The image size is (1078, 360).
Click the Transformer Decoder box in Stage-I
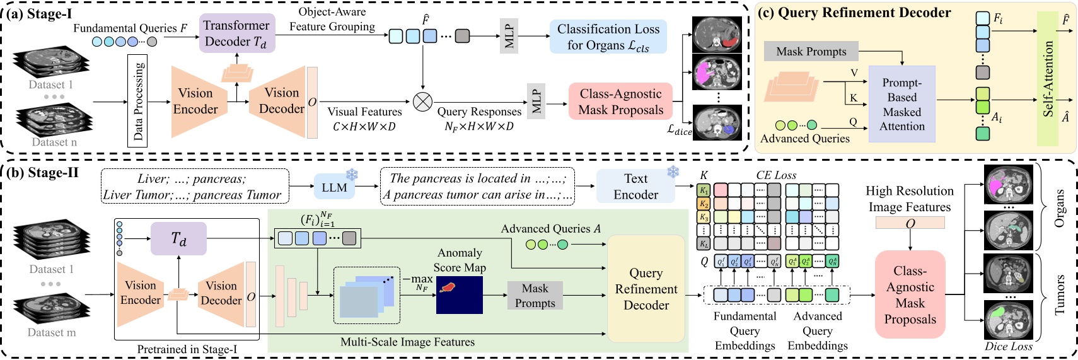[x=236, y=33]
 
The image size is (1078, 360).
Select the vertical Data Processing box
[x=137, y=101]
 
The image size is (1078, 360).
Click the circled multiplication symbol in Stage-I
[x=422, y=101]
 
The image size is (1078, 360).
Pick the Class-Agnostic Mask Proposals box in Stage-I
[x=620, y=102]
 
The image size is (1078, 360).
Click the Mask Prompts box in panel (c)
[x=811, y=52]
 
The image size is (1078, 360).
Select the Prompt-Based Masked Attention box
[x=901, y=104]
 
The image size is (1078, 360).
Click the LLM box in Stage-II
[x=334, y=187]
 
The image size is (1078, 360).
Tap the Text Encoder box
[x=635, y=187]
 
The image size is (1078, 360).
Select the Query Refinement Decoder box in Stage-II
[x=646, y=289]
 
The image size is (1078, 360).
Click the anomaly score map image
[x=459, y=295]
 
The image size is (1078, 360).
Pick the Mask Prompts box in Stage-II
[x=535, y=296]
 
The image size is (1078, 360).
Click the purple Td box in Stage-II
[x=178, y=239]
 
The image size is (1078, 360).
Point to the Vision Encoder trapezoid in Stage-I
[x=195, y=102]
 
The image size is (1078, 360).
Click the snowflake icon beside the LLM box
[x=352, y=175]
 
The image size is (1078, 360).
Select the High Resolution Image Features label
[x=909, y=199]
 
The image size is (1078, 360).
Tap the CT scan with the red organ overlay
[x=718, y=35]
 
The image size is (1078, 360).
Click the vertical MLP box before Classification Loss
[x=509, y=37]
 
